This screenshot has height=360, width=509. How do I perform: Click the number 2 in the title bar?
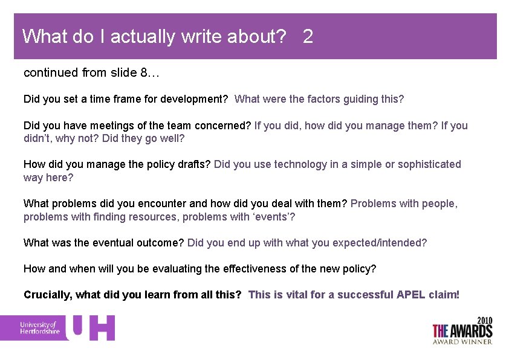(x=308, y=37)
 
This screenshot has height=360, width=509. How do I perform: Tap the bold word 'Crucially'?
(x=46, y=295)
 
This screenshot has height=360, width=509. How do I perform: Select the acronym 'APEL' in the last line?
(x=412, y=295)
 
